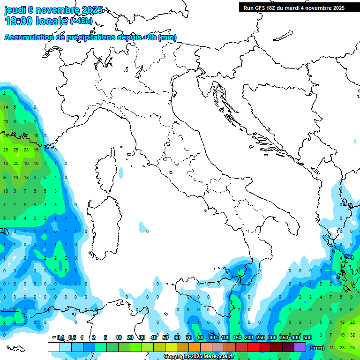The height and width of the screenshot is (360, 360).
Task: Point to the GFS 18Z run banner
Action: tap(294, 8)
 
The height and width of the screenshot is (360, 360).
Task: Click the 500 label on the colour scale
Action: tap(307, 337)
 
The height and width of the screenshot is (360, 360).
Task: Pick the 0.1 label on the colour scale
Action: tap(60, 337)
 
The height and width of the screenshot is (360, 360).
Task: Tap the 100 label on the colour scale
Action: tap(225, 337)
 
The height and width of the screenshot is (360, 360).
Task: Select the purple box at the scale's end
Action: tap(300, 347)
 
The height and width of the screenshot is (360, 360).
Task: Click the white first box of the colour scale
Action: tap(53, 347)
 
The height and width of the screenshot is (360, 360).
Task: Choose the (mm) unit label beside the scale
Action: tap(318, 348)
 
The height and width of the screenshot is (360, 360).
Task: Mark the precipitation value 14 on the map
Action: tap(6, 107)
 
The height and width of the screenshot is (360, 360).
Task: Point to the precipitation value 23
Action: tap(26, 150)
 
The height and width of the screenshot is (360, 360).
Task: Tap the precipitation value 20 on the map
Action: tap(6, 121)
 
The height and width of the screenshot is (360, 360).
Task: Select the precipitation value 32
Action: tap(352, 335)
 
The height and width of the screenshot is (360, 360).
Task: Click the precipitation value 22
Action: tap(352, 322)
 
